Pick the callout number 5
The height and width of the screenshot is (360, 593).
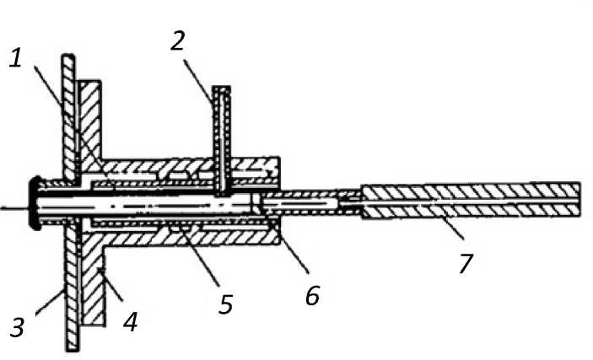point(225,303)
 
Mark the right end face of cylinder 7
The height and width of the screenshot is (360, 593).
point(580,201)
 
